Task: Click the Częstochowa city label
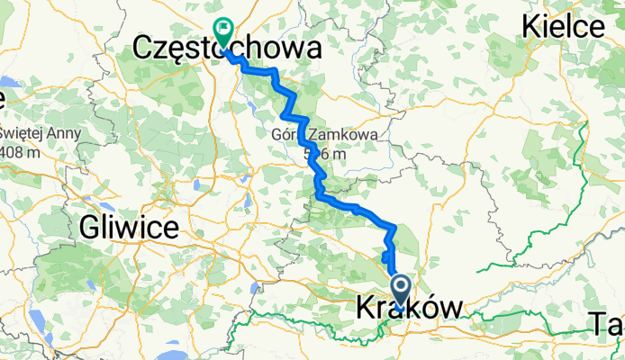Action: pyautogui.click(x=225, y=49)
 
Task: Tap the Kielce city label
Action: pyautogui.click(x=563, y=27)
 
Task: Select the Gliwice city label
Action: pyautogui.click(x=128, y=228)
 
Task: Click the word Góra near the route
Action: pyautogui.click(x=287, y=135)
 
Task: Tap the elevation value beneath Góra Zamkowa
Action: pyautogui.click(x=323, y=154)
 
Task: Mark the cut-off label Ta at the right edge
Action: pyautogui.click(x=607, y=321)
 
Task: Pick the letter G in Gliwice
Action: pyautogui.click(x=90, y=228)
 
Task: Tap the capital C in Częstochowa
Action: pyautogui.click(x=143, y=49)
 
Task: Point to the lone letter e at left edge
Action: pyautogui.click(x=3, y=96)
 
